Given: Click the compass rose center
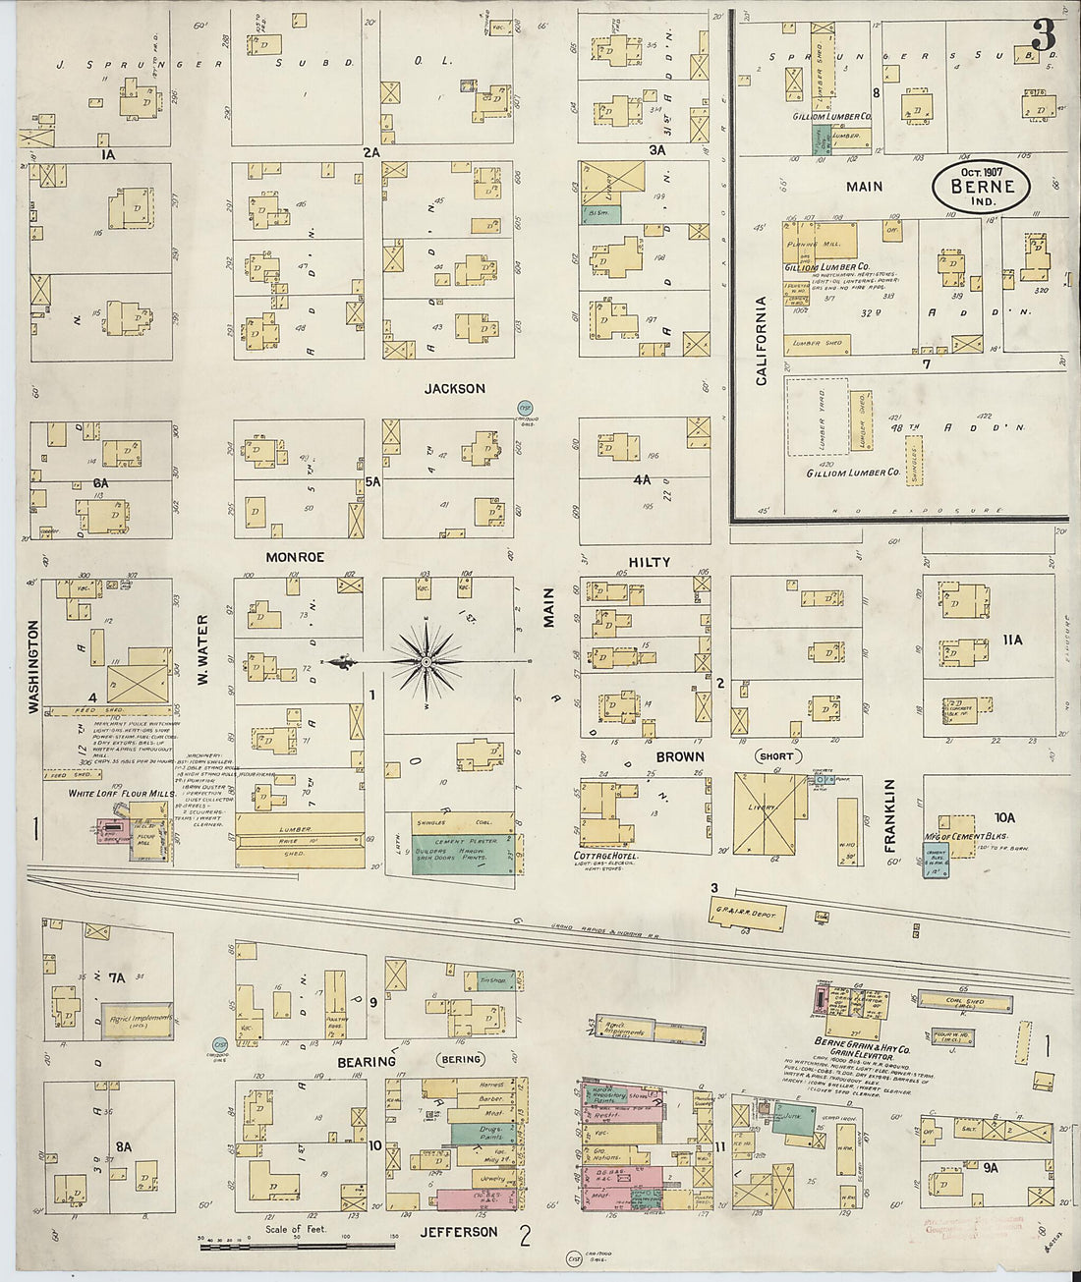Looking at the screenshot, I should tap(427, 663).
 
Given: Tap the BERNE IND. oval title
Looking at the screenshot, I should tap(982, 187).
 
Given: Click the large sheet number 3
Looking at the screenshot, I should tap(1043, 35).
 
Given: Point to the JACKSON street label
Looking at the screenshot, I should tap(454, 388).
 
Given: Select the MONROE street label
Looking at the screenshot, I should tap(295, 557).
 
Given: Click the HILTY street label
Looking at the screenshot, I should tap(650, 562).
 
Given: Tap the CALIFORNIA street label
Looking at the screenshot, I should tap(761, 340).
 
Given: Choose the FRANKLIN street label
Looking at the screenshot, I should tap(890, 814).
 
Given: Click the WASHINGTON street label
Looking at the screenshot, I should tap(33, 665).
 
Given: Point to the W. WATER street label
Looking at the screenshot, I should tap(203, 648).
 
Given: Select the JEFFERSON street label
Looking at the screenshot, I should tap(459, 1231).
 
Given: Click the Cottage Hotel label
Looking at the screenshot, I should tap(605, 857).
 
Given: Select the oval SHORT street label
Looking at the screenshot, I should tap(775, 756).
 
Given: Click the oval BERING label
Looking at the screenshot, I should tap(461, 1059).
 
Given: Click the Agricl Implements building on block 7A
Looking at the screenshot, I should tap(138, 1020).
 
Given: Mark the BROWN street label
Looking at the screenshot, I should tap(680, 756).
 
